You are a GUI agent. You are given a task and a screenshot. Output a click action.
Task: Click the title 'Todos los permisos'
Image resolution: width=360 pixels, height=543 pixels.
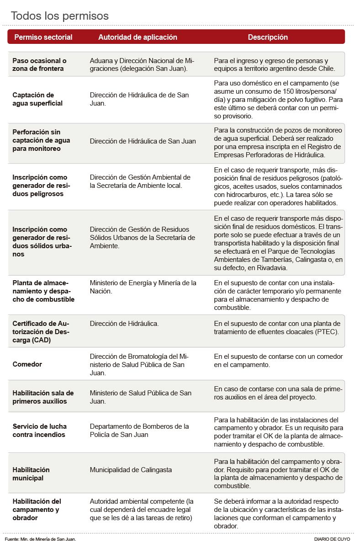[x=60, y=16]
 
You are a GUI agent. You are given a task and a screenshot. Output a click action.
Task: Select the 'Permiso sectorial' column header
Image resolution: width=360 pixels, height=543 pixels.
[x=43, y=37]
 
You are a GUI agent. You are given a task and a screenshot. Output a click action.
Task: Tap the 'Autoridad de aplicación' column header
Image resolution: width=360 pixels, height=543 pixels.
[x=138, y=37]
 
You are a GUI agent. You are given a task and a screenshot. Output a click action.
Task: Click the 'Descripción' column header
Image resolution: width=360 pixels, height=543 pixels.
[x=268, y=37]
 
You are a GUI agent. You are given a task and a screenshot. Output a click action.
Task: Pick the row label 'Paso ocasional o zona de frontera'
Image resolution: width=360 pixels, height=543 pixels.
[x=39, y=64]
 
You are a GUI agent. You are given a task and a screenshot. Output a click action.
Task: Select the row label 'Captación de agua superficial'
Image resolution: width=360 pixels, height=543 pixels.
[x=37, y=99]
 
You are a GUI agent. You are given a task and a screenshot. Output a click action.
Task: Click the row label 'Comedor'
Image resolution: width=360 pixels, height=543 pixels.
[x=27, y=364]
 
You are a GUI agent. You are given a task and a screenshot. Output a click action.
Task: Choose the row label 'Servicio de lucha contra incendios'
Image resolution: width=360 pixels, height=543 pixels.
[x=39, y=431]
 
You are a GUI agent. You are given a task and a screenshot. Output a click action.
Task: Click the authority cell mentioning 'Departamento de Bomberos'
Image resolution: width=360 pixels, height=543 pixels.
[x=139, y=431]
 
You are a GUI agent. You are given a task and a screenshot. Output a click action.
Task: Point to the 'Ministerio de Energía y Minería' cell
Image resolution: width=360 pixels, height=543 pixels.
[x=143, y=287]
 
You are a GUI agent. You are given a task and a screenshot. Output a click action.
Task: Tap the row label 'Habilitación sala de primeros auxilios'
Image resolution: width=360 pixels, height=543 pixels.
[x=43, y=397]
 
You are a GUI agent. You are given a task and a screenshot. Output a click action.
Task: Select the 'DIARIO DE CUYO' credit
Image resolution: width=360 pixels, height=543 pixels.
[x=332, y=539]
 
